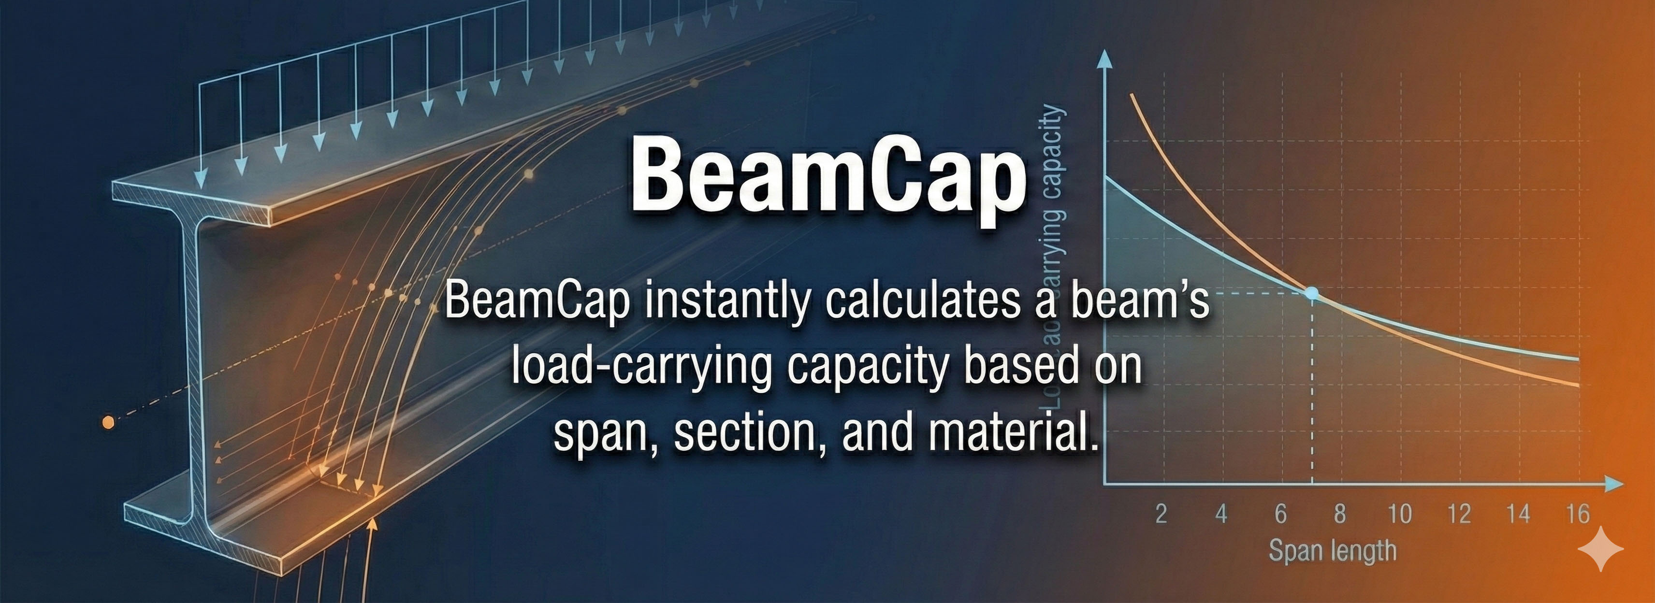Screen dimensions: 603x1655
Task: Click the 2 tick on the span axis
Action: click(1161, 514)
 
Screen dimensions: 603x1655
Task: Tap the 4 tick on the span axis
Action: click(1220, 514)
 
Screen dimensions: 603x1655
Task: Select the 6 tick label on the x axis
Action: click(1280, 514)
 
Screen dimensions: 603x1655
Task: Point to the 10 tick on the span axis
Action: click(1399, 514)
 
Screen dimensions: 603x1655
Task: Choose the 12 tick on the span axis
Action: click(1459, 514)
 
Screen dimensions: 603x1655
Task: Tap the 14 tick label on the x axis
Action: click(1519, 514)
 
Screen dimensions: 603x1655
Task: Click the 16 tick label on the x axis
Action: click(1578, 514)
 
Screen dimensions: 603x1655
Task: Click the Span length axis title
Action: click(1333, 551)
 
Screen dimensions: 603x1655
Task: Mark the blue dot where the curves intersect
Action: click(1312, 293)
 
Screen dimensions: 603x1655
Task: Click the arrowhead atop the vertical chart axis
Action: click(1104, 58)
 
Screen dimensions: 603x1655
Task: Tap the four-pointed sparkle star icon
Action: click(1600, 548)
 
